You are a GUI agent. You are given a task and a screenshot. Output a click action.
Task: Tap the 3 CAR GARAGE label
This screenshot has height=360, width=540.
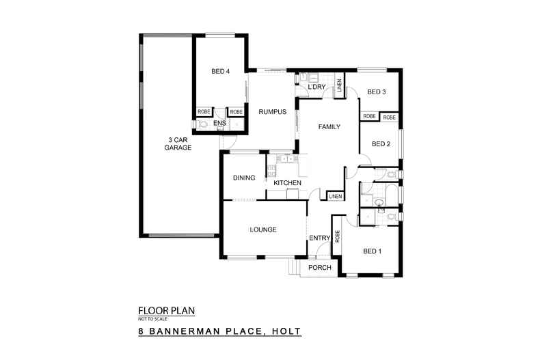point(180,144)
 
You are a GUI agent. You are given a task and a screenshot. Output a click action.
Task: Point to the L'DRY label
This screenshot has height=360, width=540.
point(316,87)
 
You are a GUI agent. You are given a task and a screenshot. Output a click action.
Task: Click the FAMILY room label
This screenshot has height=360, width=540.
point(328,126)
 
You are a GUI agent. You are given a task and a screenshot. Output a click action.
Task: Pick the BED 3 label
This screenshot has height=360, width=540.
point(377,92)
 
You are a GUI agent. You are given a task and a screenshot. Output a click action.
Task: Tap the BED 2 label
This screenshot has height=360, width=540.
point(381,143)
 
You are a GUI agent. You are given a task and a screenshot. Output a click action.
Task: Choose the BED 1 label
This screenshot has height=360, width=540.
point(371,251)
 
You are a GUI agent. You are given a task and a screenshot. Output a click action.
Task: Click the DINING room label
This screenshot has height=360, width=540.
point(244,178)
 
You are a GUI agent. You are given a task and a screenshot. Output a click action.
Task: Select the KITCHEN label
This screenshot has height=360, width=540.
point(287,183)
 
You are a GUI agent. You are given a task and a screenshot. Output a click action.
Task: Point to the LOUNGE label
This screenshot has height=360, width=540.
point(262,230)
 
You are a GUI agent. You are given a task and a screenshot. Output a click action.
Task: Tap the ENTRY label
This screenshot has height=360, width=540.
point(319,238)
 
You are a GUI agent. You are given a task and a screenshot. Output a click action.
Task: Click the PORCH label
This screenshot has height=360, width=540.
point(320,267)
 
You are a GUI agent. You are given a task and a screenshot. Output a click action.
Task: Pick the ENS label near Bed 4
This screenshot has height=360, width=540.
point(219,123)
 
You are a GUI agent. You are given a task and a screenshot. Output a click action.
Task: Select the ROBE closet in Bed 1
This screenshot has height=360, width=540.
point(337,236)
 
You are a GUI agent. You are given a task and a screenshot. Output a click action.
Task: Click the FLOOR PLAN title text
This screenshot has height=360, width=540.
point(166,310)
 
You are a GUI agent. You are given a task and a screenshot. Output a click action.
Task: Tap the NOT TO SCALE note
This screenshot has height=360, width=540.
point(152,318)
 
